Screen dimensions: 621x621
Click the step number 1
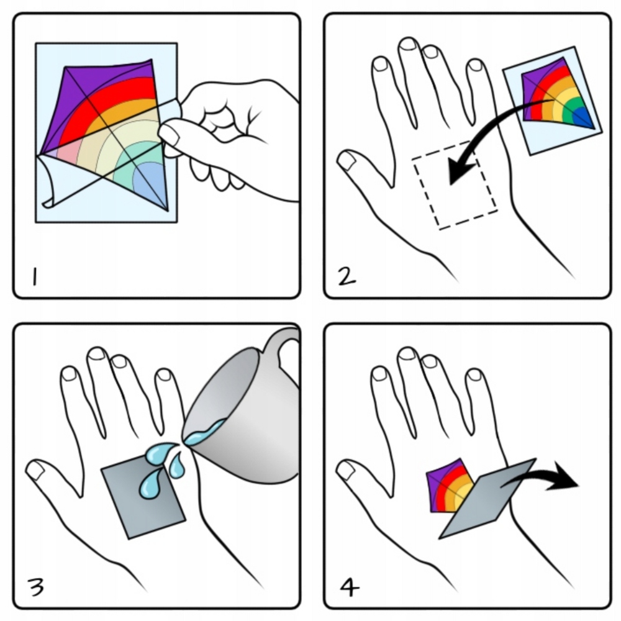pos(35,276)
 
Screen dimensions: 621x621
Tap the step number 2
pos(347,276)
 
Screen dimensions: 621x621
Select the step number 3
pos(36,587)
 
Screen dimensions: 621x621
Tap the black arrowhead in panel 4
pos(564,476)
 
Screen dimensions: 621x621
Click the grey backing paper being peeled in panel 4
pos(487,500)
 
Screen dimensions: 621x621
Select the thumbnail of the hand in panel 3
pos(35,471)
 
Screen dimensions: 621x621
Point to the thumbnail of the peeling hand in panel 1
pos(170,134)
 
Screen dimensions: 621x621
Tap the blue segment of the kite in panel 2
pos(582,117)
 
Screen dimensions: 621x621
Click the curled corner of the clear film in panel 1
pos(48,182)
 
